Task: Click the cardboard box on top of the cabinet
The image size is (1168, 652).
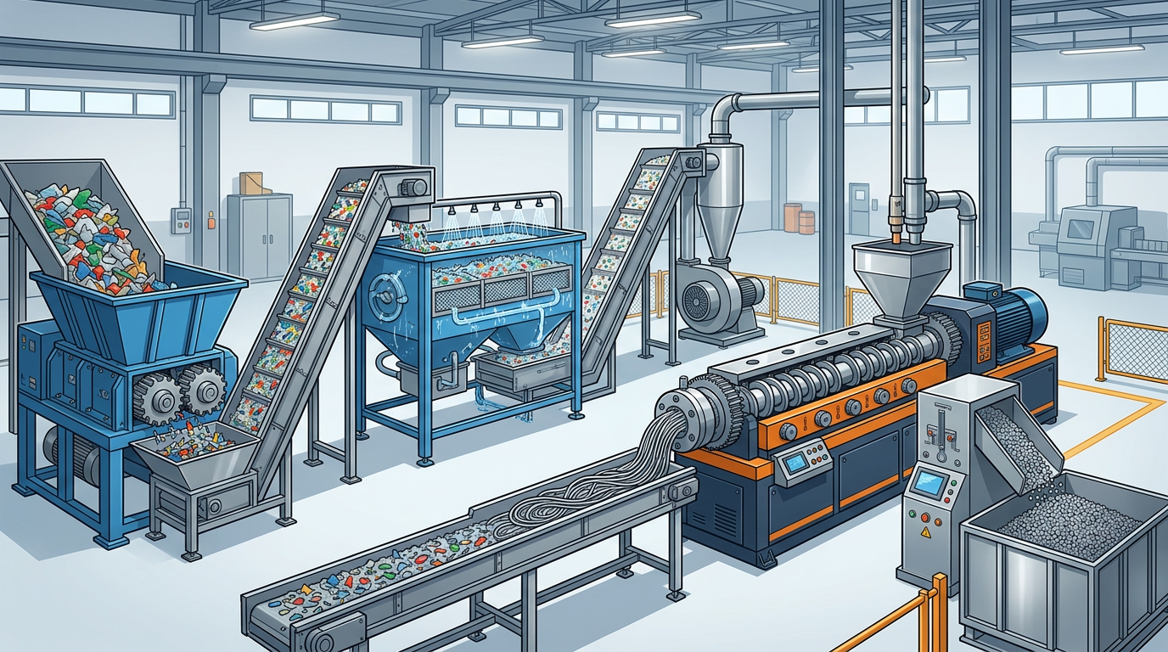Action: [250, 183]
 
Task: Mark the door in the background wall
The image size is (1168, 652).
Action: [860, 208]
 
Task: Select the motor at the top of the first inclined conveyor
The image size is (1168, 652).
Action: [413, 185]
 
